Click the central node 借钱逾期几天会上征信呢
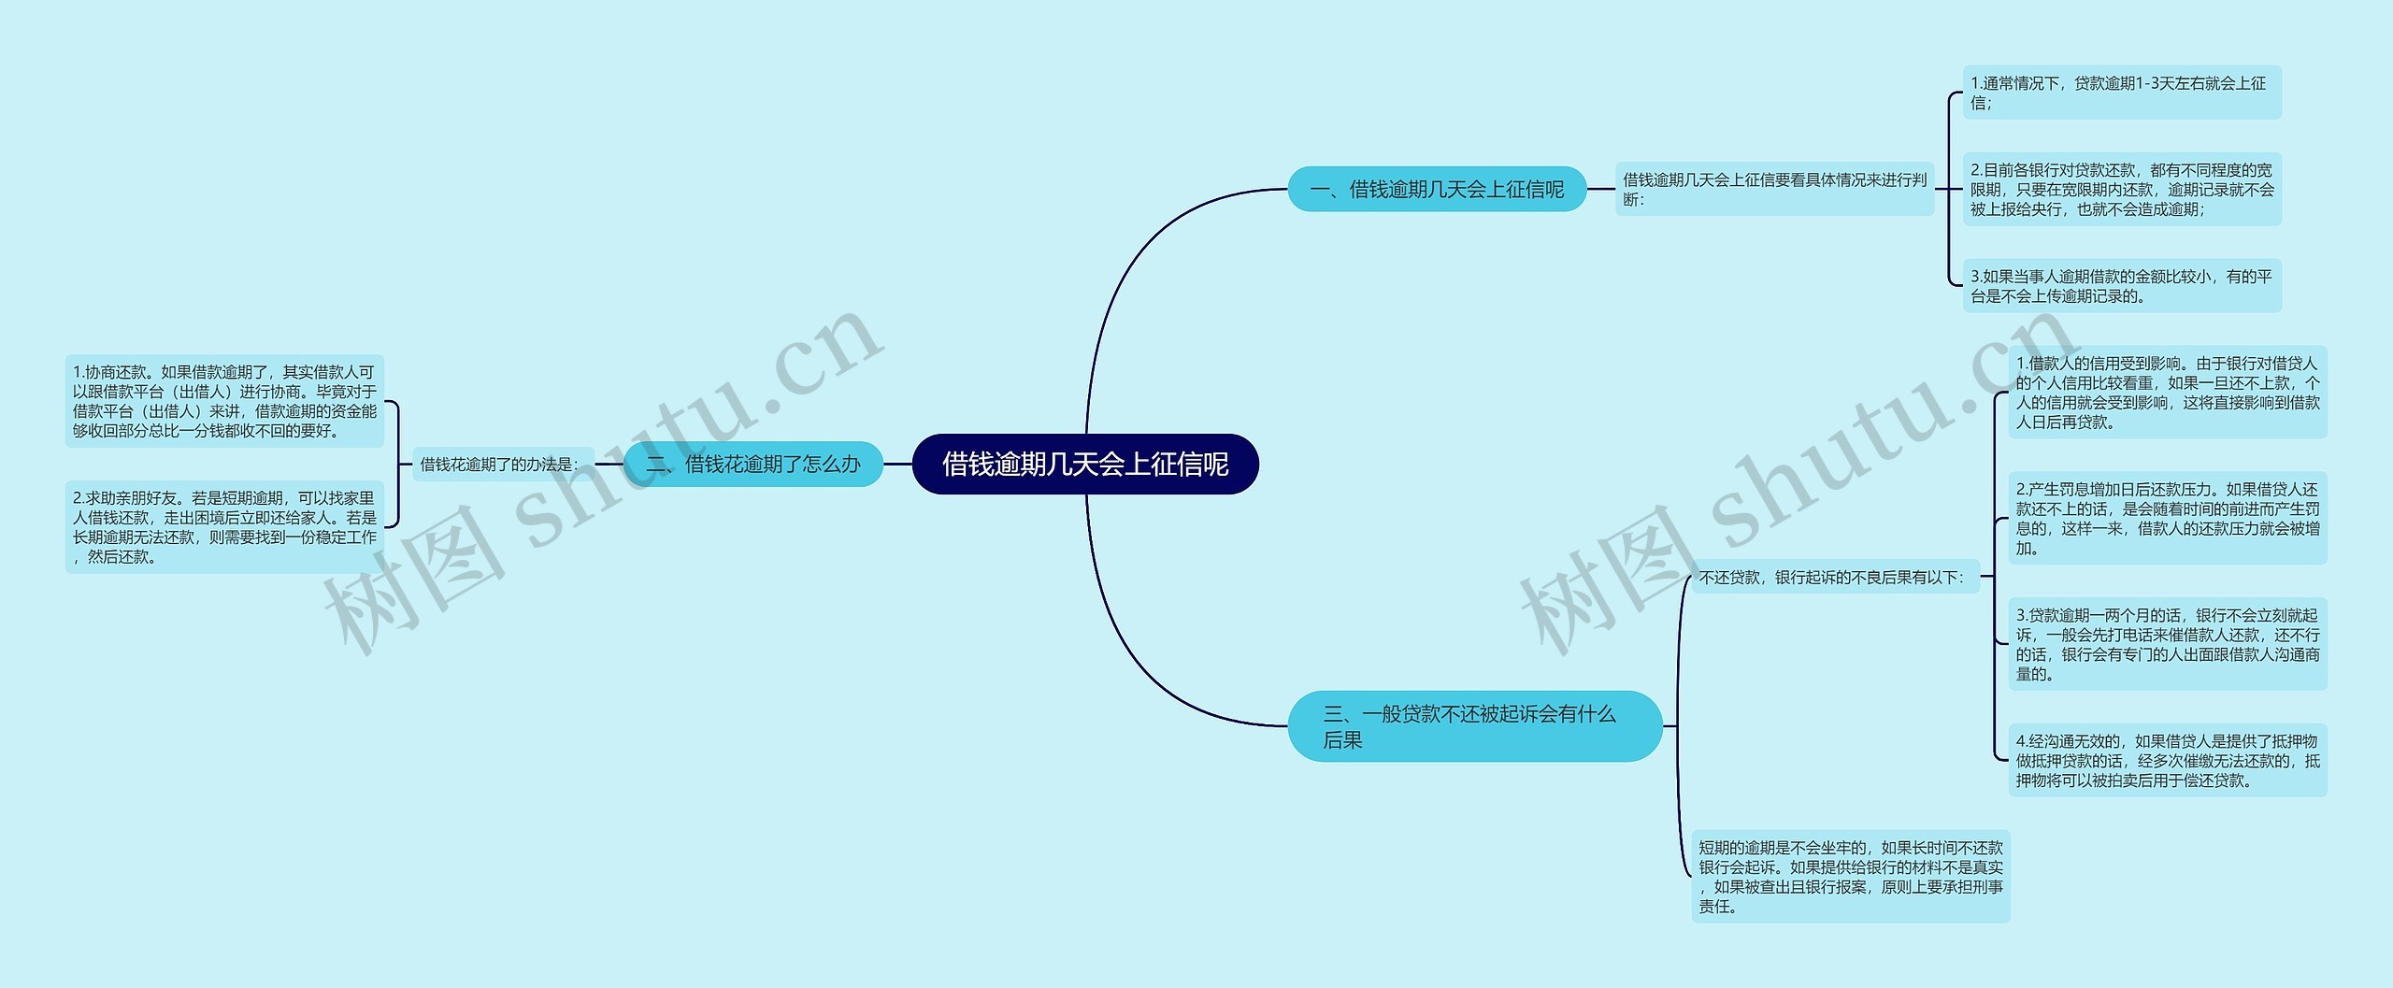point(1085,464)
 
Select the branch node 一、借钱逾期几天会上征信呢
point(1437,190)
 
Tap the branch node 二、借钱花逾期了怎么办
point(753,464)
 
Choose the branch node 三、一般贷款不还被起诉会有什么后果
point(1474,726)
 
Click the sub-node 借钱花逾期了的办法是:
point(502,465)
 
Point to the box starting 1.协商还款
point(224,402)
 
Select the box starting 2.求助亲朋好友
point(224,527)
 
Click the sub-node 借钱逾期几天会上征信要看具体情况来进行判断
point(1774,190)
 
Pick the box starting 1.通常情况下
point(2121,93)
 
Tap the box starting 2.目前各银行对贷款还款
point(2121,190)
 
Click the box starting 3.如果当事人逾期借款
point(2121,286)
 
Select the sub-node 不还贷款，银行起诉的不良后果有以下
point(1834,578)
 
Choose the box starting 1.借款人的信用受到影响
point(2167,393)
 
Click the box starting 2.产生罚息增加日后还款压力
point(2167,518)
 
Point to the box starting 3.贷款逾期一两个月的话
point(2167,644)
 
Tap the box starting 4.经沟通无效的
point(2167,761)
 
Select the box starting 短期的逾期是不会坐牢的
point(1850,877)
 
